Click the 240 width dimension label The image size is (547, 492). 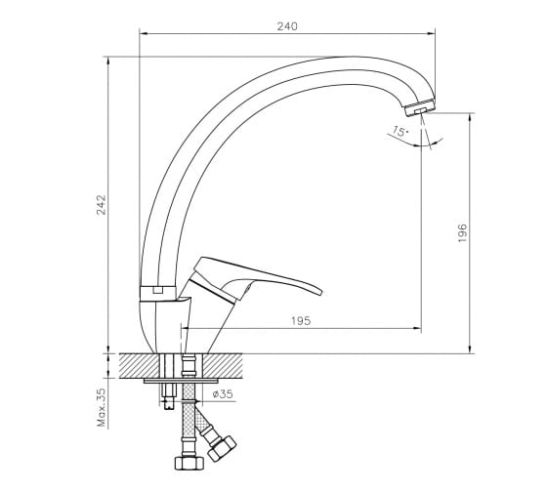coord(287,26)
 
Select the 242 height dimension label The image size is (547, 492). coord(101,205)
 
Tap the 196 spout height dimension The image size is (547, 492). coord(462,232)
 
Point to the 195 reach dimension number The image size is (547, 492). coord(301,320)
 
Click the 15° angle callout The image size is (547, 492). coord(400,132)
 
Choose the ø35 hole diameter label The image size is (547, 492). coord(223,394)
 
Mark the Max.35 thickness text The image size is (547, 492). coord(102,407)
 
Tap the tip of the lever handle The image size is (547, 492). coord(320,292)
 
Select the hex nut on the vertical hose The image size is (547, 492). coord(189,463)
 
